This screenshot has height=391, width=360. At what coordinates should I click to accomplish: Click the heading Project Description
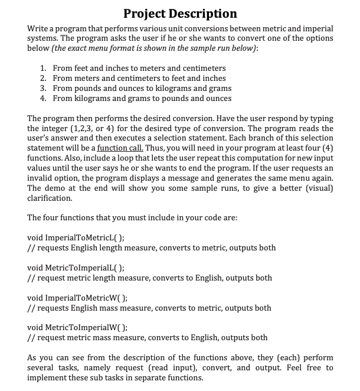(x=180, y=13)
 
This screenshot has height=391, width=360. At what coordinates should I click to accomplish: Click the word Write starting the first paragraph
(x=39, y=28)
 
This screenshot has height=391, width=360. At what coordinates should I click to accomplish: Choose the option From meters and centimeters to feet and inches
(x=139, y=79)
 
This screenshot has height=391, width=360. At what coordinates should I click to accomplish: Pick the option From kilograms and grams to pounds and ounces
(x=142, y=98)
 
